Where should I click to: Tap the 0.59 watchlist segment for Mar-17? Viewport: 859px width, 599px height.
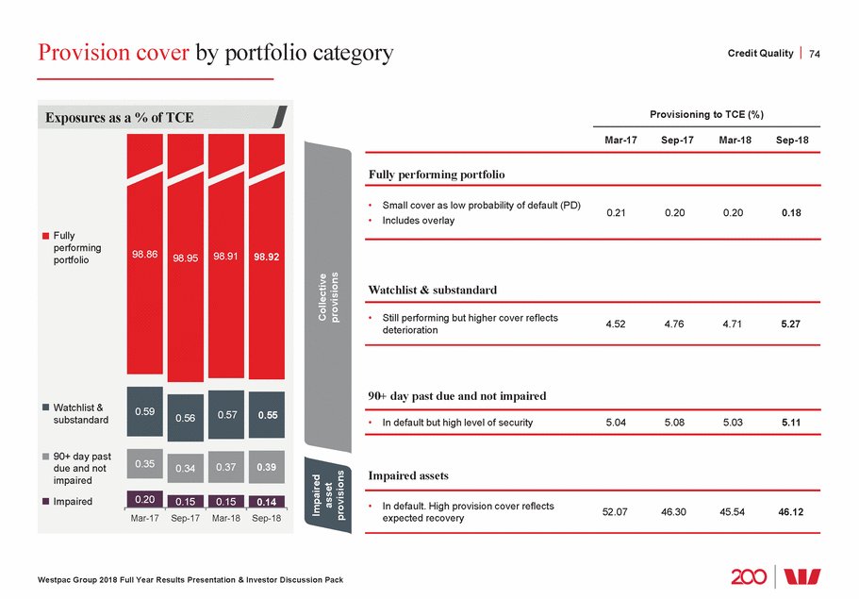(144, 411)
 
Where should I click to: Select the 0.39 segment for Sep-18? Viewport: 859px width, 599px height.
(267, 468)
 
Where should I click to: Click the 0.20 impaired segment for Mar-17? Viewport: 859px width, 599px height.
(144, 499)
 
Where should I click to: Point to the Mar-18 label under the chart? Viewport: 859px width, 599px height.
(226, 519)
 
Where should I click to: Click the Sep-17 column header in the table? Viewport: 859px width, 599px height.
(674, 140)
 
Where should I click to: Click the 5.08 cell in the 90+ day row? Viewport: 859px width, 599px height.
(674, 423)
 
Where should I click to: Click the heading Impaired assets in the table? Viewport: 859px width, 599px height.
(408, 475)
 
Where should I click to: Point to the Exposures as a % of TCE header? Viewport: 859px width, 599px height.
(119, 118)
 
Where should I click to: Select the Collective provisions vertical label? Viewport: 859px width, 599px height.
(329, 298)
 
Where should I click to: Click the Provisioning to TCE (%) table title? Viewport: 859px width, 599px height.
(706, 114)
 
